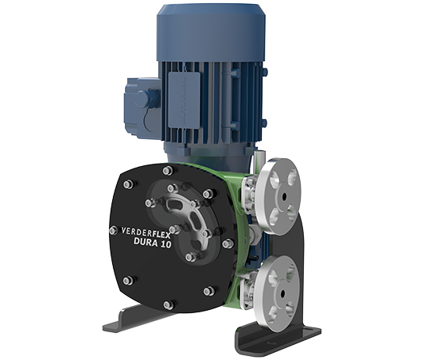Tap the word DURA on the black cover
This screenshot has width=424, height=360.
146,242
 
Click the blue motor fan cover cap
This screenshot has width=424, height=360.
211,33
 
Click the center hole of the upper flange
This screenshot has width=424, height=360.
284,197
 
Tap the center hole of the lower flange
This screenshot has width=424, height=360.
283,293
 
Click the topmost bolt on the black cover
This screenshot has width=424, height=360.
168,171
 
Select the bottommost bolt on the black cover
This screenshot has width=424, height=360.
168,305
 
